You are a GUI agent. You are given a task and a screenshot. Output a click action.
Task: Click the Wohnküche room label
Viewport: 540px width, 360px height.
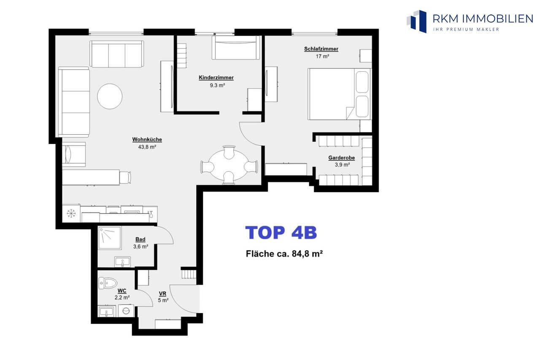(147, 139)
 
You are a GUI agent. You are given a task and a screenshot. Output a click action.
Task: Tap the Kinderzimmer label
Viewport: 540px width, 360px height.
(216, 78)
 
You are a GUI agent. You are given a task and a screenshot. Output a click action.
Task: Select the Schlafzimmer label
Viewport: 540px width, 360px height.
(321, 49)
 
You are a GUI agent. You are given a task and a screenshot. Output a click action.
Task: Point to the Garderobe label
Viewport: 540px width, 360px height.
(341, 158)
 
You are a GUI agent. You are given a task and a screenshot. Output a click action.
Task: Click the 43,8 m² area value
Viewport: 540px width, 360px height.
(147, 147)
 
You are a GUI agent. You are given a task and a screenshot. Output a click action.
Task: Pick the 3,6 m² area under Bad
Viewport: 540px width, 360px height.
(140, 246)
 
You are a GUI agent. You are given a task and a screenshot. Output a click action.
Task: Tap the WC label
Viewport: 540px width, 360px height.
(122, 291)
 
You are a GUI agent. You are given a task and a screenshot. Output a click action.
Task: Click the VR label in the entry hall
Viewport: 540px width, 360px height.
(163, 294)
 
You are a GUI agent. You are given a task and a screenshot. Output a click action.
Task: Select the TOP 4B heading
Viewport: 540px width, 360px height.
(281, 233)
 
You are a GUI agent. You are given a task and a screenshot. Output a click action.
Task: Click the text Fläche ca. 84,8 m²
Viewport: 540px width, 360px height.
(284, 254)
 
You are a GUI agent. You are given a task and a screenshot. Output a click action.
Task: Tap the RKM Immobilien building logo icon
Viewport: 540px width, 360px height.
(417, 21)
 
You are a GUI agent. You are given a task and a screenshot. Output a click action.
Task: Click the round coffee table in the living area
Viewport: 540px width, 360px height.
(110, 96)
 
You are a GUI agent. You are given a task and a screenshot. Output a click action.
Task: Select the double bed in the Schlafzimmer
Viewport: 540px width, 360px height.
(339, 94)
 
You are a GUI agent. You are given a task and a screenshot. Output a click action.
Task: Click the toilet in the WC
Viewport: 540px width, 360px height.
(108, 283)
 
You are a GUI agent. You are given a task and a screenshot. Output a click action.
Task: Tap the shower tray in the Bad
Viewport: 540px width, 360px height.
(110, 238)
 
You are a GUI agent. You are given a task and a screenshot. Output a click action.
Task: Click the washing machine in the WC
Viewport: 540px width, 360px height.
(126, 311)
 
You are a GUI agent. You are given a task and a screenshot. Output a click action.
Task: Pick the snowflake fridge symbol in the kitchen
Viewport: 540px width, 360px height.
(71, 214)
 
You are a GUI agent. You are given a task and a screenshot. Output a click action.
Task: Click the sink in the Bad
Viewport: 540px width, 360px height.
(122, 262)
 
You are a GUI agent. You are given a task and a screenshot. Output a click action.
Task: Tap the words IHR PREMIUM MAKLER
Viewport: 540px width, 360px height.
(466, 30)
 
